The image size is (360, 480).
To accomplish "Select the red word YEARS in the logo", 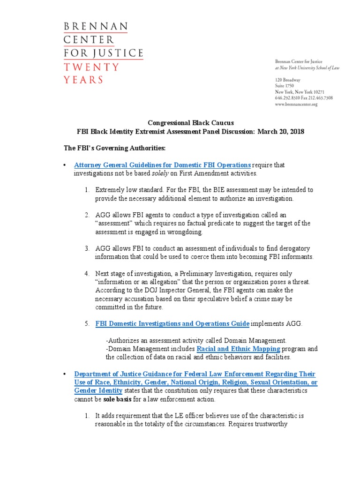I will [x=83, y=80].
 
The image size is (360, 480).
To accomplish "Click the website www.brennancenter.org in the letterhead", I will [x=296, y=104].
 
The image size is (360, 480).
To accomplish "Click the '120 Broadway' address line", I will [x=287, y=80].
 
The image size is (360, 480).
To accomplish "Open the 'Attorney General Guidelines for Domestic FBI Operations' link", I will [x=163, y=165].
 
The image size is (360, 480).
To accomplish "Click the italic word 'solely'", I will [x=159, y=173].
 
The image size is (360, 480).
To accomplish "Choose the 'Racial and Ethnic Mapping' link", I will [x=238, y=349].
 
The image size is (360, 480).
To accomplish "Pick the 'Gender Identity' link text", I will [x=98, y=390].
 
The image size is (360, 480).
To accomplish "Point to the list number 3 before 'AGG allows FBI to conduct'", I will [x=87, y=248].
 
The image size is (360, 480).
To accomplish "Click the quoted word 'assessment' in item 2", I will [x=112, y=223].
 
